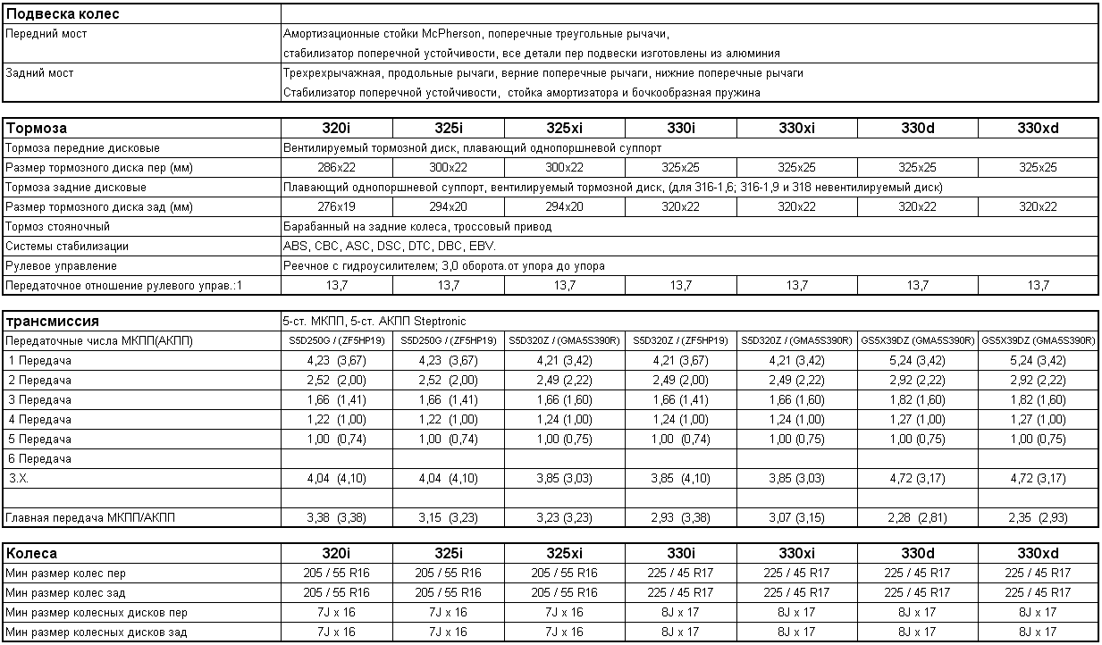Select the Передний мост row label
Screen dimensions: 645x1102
pos(46,34)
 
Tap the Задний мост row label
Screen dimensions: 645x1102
pos(39,73)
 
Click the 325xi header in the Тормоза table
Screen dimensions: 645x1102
pos(564,129)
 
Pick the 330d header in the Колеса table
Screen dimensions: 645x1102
pos(917,554)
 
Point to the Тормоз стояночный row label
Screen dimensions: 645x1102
pos(58,227)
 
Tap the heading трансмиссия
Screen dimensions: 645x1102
pos(53,322)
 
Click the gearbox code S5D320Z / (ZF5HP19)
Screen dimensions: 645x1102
pos(680,341)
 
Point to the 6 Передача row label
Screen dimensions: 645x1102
pos(40,459)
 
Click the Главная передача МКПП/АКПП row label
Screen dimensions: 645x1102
pos(90,518)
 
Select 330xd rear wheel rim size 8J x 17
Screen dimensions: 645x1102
pos(1038,632)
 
